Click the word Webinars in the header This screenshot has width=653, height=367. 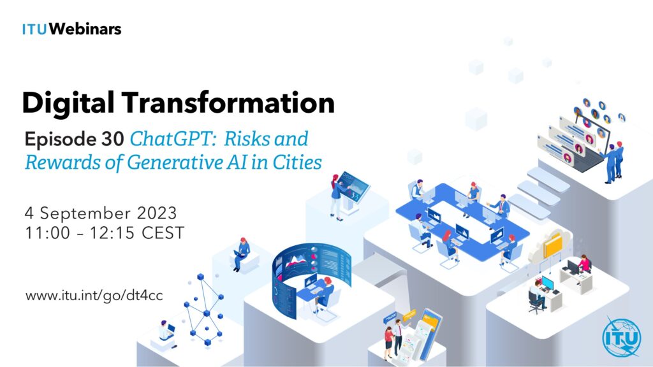pyautogui.click(x=85, y=29)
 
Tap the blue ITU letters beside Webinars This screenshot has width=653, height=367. pyautogui.click(x=34, y=29)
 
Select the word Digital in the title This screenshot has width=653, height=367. pyautogui.click(x=68, y=103)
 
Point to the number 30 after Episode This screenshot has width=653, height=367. pyautogui.click(x=112, y=139)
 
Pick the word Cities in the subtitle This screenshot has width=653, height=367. pyautogui.click(x=297, y=162)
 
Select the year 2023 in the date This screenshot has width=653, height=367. pyautogui.click(x=157, y=213)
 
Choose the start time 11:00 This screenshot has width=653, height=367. pyautogui.click(x=47, y=233)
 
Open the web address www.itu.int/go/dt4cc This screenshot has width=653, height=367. pyautogui.click(x=94, y=296)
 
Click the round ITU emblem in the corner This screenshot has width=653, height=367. pyautogui.click(x=621, y=337)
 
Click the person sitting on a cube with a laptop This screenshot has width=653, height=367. pyautogui.click(x=240, y=254)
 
